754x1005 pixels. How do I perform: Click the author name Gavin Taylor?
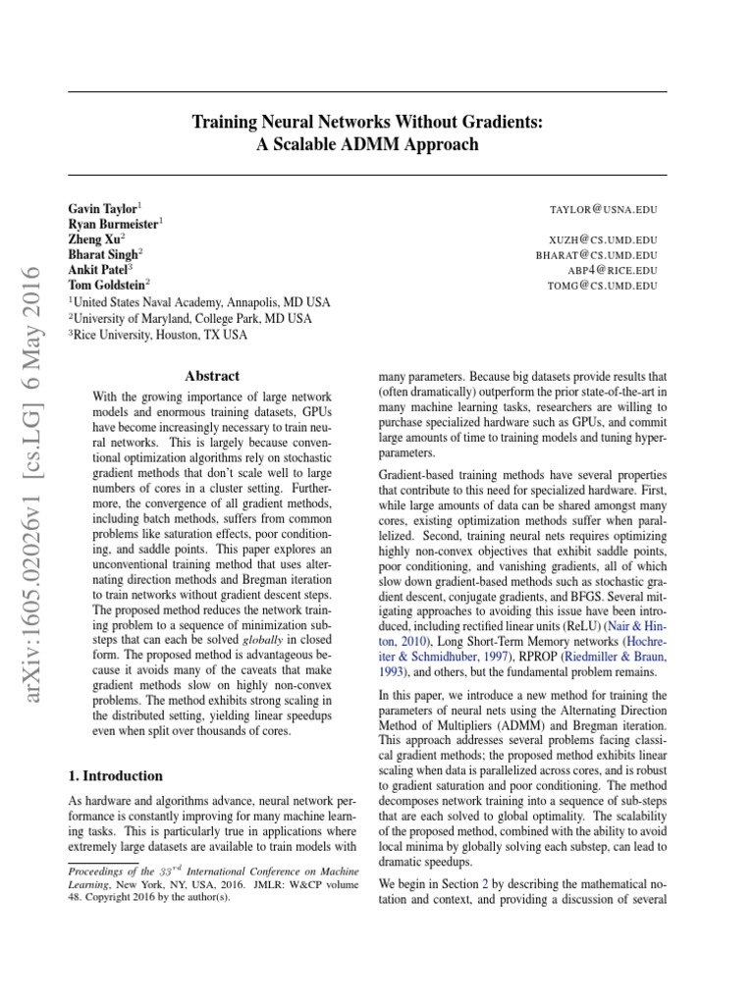[103, 210]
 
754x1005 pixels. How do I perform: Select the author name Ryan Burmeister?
[113, 225]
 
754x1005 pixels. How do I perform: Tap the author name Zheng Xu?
[94, 239]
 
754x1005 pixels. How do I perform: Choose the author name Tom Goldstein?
[106, 284]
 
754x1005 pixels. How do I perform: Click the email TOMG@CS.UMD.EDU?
[608, 285]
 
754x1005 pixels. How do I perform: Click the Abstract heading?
[213, 376]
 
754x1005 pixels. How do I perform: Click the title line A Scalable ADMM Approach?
[367, 144]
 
